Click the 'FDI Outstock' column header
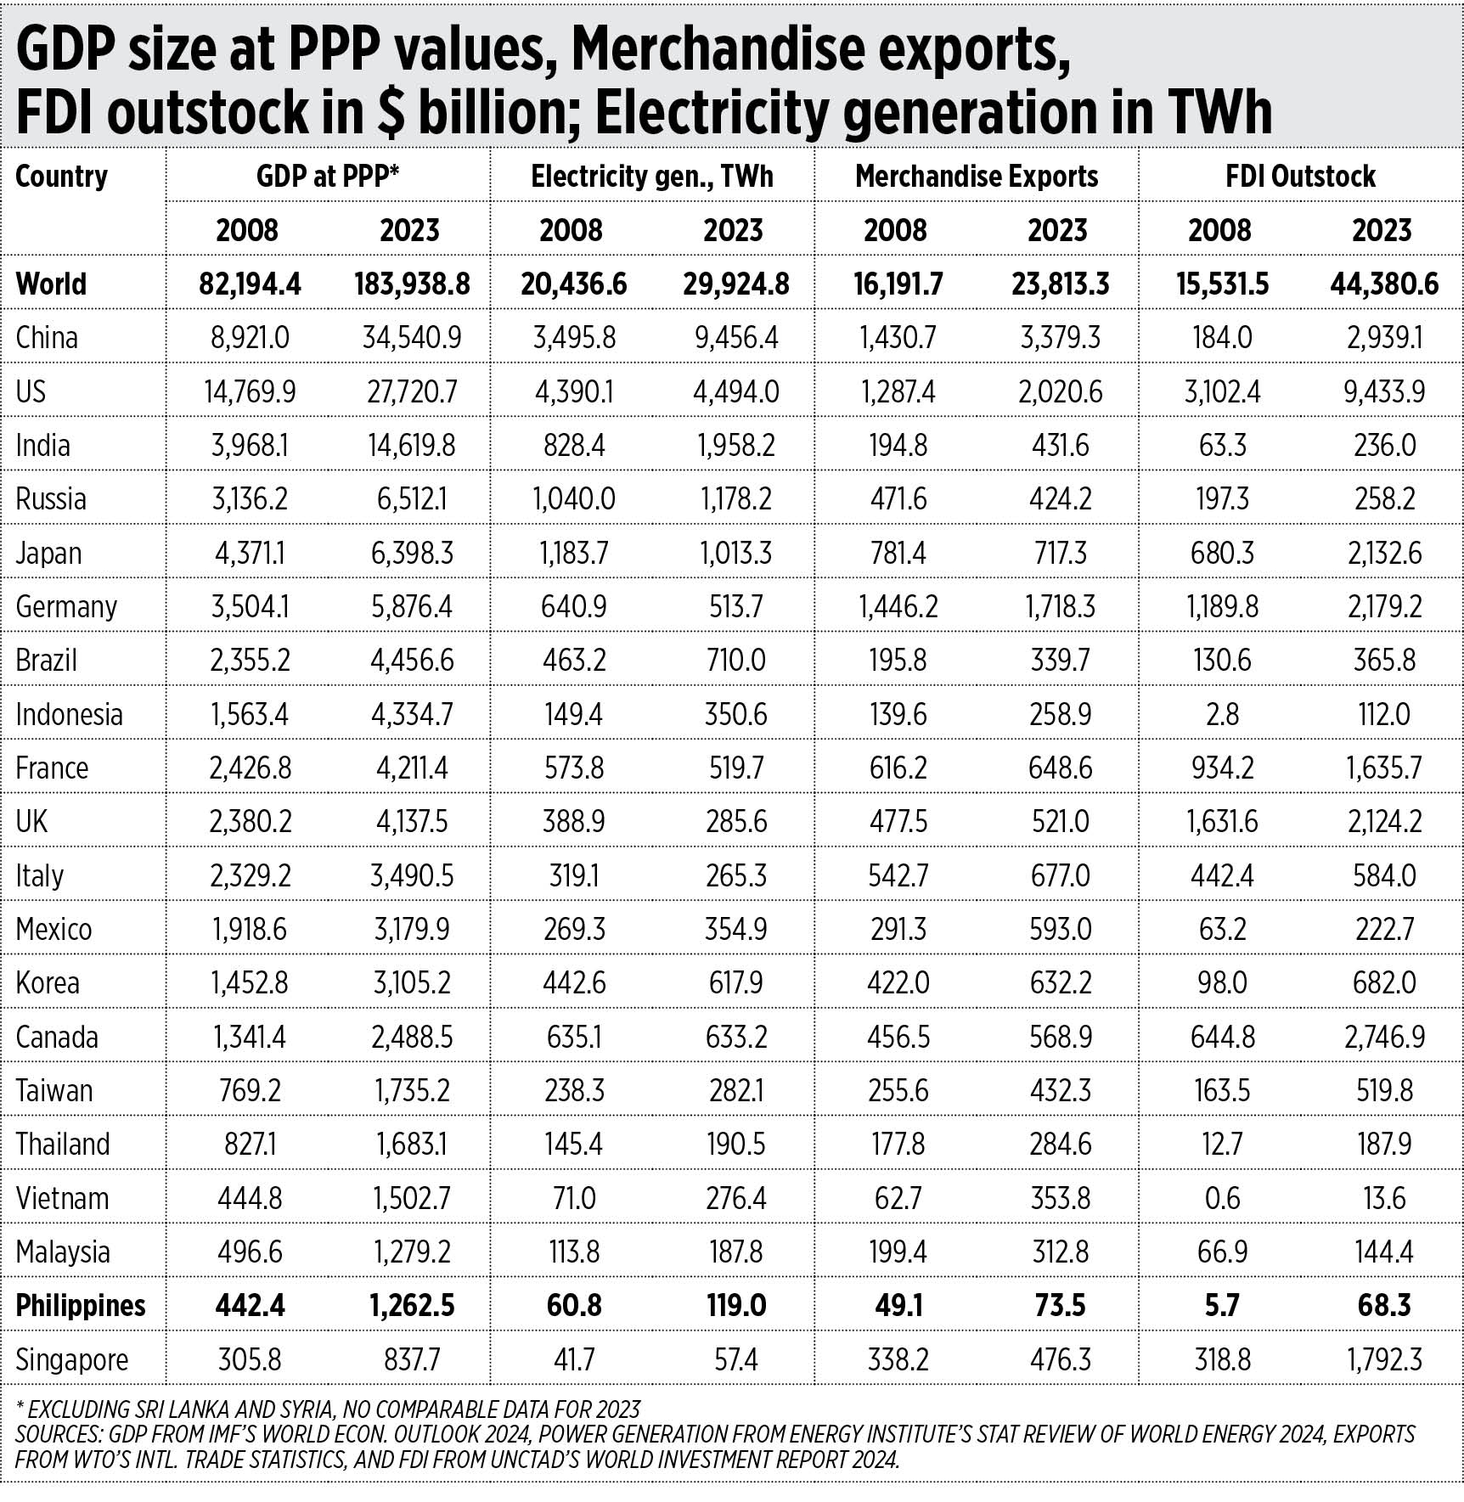1300,176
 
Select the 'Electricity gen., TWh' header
652,176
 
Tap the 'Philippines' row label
81,1305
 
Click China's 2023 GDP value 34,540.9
412,337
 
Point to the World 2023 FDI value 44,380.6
1384,284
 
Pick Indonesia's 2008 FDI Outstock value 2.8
1222,714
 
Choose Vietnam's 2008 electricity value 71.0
574,1198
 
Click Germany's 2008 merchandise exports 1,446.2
898,606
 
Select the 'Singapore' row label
72,1359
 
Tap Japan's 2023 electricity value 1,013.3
735,553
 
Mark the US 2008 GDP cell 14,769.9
250,391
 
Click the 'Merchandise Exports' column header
977,176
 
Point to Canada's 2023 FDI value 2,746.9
1384,1037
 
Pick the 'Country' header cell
62,176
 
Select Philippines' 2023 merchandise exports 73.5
1060,1305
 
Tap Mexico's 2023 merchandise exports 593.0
1060,929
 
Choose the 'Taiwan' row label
54,1090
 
